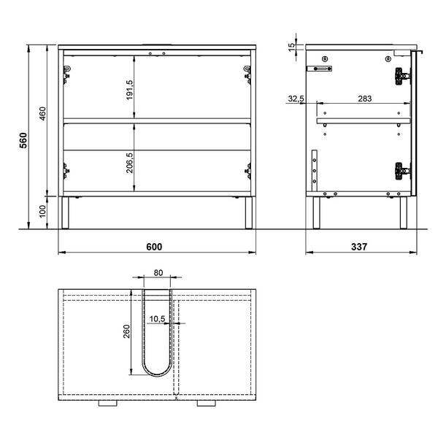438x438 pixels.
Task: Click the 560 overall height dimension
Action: pyautogui.click(x=23, y=140)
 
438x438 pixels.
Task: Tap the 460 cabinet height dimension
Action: pyautogui.click(x=42, y=113)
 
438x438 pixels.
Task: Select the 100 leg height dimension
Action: pyautogui.click(x=42, y=211)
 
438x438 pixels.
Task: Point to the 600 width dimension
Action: pyautogui.click(x=154, y=247)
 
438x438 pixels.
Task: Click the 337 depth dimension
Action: pyautogui.click(x=359, y=247)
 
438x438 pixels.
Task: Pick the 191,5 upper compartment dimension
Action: pyautogui.click(x=130, y=90)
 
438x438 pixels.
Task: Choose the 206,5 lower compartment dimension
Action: pyautogui.click(x=130, y=163)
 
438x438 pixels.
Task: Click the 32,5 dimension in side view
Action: pyautogui.click(x=296, y=99)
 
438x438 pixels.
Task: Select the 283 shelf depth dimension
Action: pyautogui.click(x=365, y=99)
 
